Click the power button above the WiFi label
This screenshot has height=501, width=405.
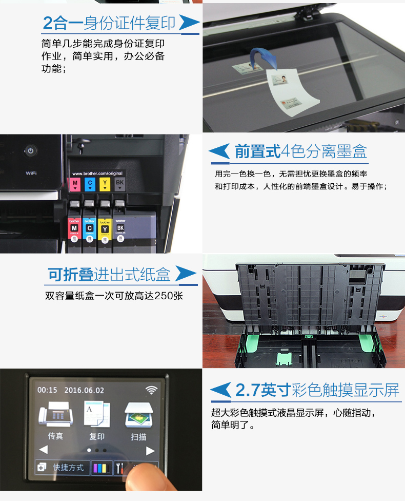(x=31, y=151)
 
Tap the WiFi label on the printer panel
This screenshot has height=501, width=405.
(x=31, y=173)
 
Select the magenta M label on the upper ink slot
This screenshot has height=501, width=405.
(x=75, y=183)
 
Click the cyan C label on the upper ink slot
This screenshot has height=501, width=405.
(x=90, y=183)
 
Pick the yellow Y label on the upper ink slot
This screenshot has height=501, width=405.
(x=105, y=183)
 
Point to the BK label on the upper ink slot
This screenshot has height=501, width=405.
(x=119, y=183)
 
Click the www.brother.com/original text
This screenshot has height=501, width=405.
(x=97, y=174)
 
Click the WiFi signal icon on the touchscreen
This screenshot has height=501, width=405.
(x=151, y=390)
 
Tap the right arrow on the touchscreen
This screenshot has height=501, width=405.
(x=150, y=451)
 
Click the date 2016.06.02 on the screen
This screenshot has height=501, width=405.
(x=84, y=390)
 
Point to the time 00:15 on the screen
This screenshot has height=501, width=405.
(x=47, y=390)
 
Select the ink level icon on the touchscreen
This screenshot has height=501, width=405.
(x=101, y=468)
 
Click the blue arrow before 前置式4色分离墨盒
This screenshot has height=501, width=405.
(x=219, y=151)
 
